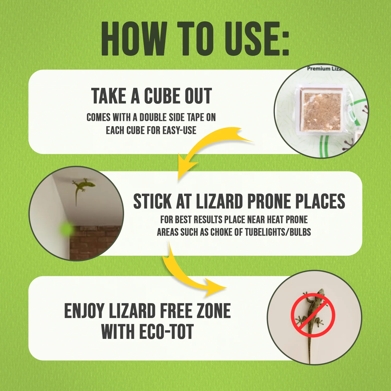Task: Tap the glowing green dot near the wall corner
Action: click(x=67, y=229)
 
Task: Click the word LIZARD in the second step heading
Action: click(x=219, y=201)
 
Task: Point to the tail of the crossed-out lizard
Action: click(x=309, y=349)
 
